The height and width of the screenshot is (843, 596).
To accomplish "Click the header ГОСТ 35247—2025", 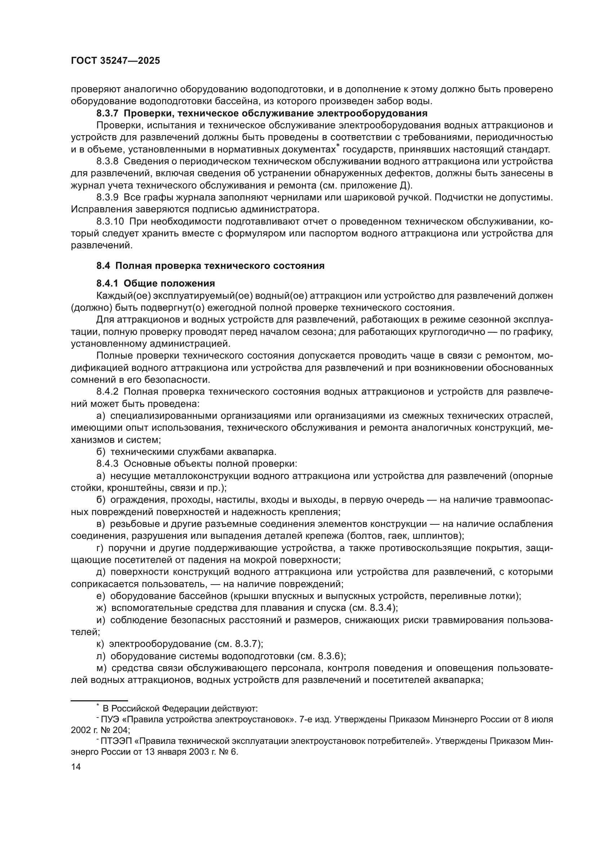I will click(116, 61).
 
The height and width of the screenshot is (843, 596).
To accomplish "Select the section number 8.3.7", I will click(108, 113).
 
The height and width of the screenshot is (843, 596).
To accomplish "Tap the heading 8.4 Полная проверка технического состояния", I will click(210, 266).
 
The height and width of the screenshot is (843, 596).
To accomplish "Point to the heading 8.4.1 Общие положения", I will click(156, 283).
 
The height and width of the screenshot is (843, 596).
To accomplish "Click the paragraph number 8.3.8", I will click(107, 161).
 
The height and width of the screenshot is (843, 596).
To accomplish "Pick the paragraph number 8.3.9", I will click(107, 197).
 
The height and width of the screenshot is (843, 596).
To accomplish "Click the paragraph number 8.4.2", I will click(107, 392).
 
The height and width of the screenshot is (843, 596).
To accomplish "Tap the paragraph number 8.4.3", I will click(107, 464).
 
